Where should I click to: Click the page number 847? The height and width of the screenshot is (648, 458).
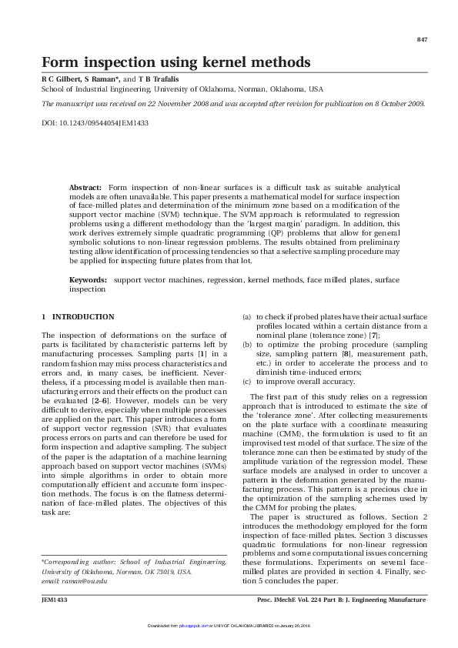click(x=421, y=39)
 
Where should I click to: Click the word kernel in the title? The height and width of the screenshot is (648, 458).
click(x=221, y=62)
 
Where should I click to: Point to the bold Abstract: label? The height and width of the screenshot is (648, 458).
click(x=85, y=188)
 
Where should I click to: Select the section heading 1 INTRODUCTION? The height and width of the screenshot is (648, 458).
click(x=77, y=317)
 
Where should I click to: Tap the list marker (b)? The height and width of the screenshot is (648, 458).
click(x=246, y=346)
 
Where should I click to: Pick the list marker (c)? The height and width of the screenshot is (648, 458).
click(x=246, y=381)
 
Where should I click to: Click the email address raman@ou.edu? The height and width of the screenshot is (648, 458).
click(x=86, y=581)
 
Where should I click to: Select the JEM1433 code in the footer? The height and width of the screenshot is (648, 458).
click(x=54, y=599)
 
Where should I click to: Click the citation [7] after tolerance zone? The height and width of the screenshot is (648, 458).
click(x=374, y=336)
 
